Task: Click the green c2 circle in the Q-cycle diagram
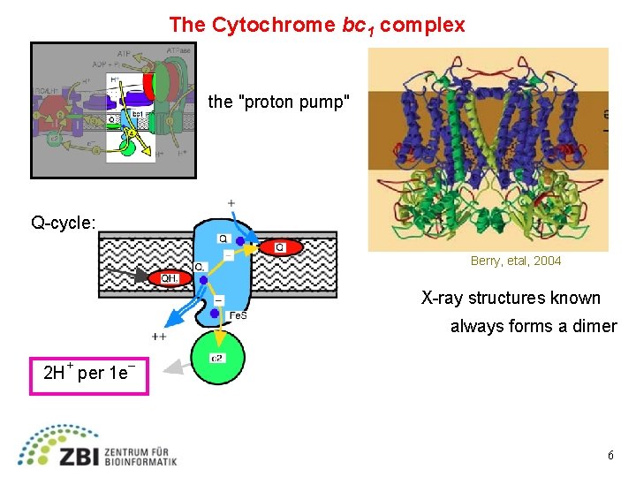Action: [x=216, y=357]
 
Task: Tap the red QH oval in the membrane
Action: [x=170, y=278]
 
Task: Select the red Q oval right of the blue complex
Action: [x=280, y=248]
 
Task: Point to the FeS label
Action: [x=238, y=316]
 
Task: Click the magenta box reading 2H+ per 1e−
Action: [x=89, y=373]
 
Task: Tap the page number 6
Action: [x=610, y=455]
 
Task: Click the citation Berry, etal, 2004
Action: [x=515, y=261]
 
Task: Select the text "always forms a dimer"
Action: [x=534, y=326]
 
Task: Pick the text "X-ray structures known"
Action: [x=511, y=298]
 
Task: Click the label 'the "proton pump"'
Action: [x=279, y=102]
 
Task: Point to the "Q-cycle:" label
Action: [x=64, y=223]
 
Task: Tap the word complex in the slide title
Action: [x=422, y=25]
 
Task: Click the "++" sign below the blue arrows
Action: [x=160, y=336]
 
